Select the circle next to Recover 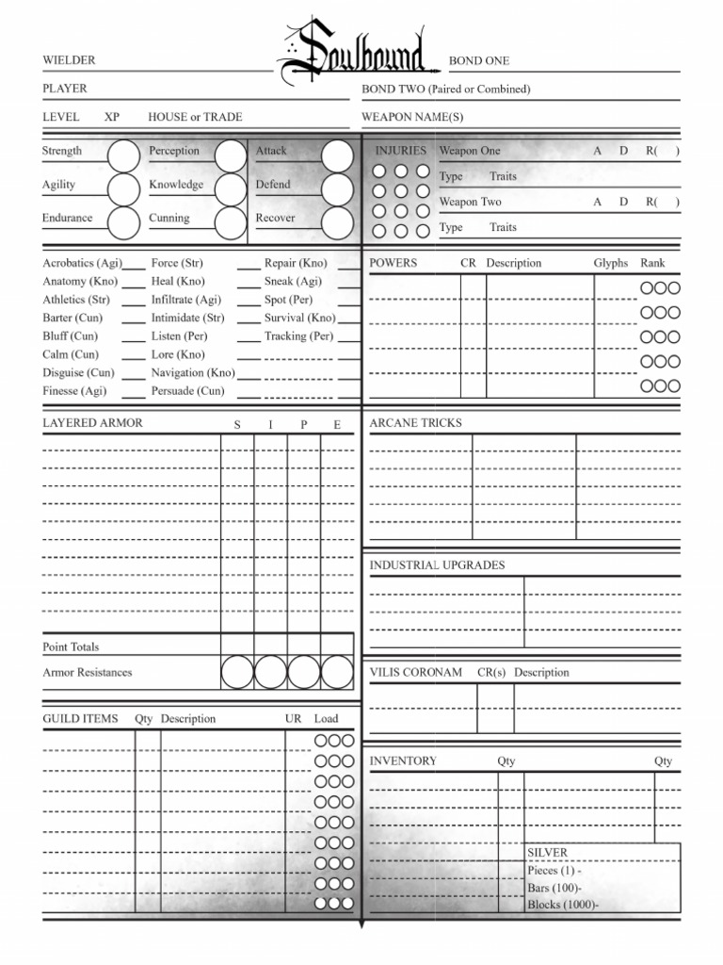tap(337, 222)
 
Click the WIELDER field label tap(69, 60)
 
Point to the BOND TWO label tap(445, 90)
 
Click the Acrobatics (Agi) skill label tap(81, 263)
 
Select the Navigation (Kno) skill tap(193, 372)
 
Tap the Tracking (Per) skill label tap(298, 335)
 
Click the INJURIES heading tap(400, 151)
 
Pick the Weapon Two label tap(470, 202)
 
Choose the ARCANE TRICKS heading tap(415, 423)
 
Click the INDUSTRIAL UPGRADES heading tap(437, 565)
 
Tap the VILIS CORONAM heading tap(415, 673)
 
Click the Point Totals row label tap(71, 647)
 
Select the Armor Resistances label tap(88, 673)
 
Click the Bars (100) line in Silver tap(554, 888)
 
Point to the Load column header tap(326, 718)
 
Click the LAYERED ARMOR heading tap(92, 423)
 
